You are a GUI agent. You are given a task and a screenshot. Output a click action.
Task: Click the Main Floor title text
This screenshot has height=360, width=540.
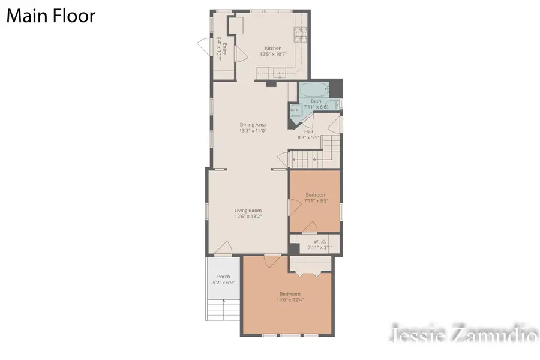click(x=50, y=16)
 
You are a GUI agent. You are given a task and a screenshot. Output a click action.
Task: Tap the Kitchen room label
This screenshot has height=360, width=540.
click(x=273, y=48)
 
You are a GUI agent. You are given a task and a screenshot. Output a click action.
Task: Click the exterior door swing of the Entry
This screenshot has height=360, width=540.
click(x=204, y=44)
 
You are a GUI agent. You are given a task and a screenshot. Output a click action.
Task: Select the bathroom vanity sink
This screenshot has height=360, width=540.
click(x=296, y=110)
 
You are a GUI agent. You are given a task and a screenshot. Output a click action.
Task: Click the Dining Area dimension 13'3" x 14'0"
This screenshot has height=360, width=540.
click(x=253, y=130)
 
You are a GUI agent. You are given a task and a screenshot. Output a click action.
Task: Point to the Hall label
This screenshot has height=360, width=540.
click(x=308, y=131)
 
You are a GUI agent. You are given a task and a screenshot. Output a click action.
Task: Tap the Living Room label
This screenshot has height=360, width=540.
click(x=248, y=211)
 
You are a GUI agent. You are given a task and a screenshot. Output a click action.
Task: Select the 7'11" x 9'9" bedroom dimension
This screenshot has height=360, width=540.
click(x=316, y=201)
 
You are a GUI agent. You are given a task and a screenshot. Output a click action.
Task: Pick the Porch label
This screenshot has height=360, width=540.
click(x=223, y=277)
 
